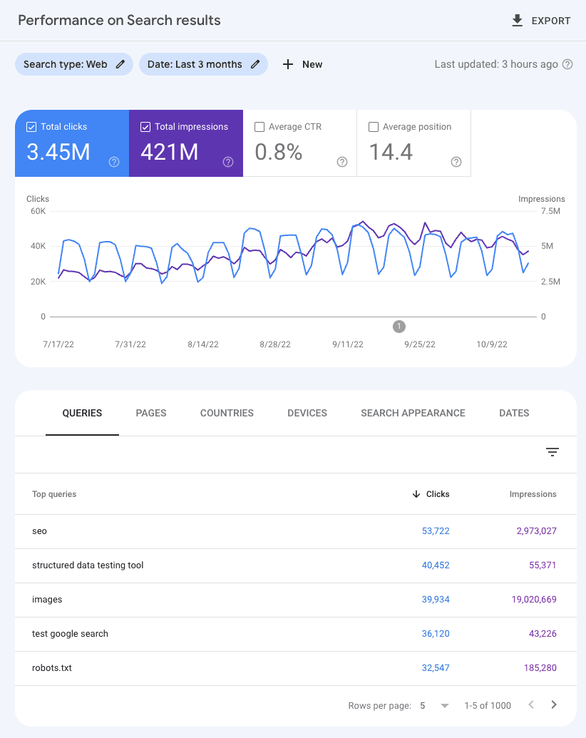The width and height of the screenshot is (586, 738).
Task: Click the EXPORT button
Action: [541, 21]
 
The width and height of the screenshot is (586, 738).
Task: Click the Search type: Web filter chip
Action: [73, 64]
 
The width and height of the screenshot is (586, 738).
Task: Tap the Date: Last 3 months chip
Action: [203, 64]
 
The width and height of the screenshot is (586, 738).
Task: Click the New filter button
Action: [302, 64]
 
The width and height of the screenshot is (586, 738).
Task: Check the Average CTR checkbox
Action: [259, 127]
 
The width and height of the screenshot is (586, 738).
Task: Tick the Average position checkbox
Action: [374, 127]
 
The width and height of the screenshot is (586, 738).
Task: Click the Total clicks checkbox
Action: [31, 127]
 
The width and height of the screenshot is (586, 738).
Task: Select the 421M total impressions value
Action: [169, 151]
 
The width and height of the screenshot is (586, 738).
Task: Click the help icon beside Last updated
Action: [567, 64]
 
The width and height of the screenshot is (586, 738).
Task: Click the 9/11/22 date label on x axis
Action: [347, 344]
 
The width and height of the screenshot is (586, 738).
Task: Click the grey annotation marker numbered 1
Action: [399, 327]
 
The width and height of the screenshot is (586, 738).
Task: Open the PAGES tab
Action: [151, 413]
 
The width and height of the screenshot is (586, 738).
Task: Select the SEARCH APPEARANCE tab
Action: [413, 413]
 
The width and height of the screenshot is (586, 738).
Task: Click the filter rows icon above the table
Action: [552, 452]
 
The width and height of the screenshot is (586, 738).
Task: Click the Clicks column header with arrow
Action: [431, 494]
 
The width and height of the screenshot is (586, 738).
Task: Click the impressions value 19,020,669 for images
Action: [534, 600]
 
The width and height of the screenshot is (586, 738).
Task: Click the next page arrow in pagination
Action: [554, 705]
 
